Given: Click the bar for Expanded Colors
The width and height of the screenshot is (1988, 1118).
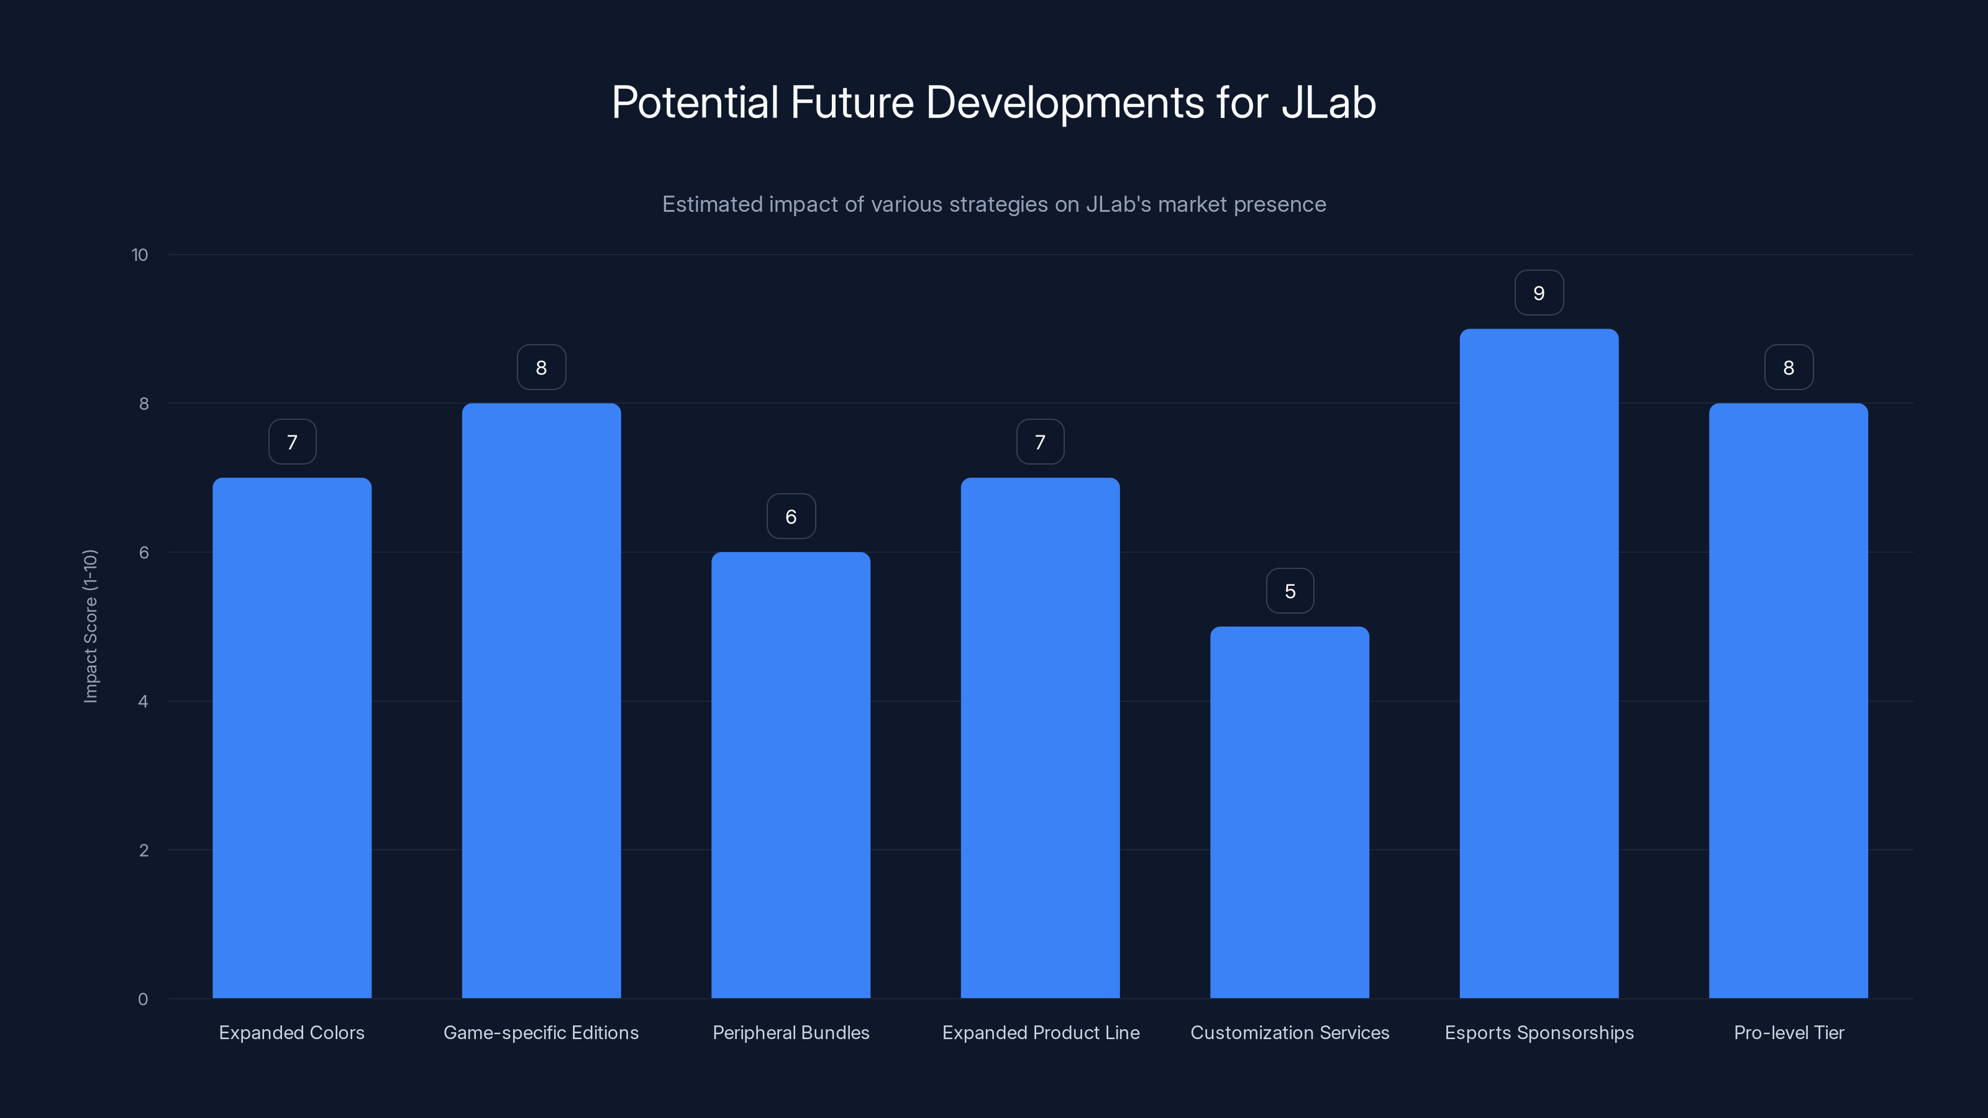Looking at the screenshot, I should (292, 738).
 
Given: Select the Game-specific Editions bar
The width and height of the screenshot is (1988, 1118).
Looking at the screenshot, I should (541, 701).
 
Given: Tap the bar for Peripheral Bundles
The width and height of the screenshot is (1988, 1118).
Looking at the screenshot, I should (790, 775).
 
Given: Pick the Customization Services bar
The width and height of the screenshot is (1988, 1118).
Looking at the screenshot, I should (1290, 812).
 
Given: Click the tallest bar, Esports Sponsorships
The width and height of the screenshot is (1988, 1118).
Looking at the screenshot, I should (1539, 663).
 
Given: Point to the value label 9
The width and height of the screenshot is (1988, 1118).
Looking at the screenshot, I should (1539, 293).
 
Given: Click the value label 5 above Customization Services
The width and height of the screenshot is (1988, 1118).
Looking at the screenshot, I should (1290, 591).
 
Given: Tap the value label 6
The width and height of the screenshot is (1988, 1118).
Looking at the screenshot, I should (790, 517).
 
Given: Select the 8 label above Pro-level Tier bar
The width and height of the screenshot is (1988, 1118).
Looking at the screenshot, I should (1788, 368).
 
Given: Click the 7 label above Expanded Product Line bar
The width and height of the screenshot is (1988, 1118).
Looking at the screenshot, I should (1039, 442).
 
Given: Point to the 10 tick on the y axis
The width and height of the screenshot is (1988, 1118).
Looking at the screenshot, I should (140, 255).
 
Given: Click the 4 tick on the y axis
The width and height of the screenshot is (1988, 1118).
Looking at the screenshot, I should (143, 701).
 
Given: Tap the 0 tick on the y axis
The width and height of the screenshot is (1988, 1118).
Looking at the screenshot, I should (143, 999).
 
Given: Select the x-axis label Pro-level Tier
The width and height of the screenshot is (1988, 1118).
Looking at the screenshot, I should (1788, 1032).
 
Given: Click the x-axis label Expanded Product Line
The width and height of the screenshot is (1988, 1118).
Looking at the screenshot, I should (1041, 1032).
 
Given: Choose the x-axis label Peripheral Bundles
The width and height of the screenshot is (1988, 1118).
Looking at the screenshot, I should (790, 1032).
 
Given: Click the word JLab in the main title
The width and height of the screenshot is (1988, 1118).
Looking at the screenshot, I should (1328, 102).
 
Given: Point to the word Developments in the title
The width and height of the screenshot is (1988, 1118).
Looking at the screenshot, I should (1064, 102).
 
